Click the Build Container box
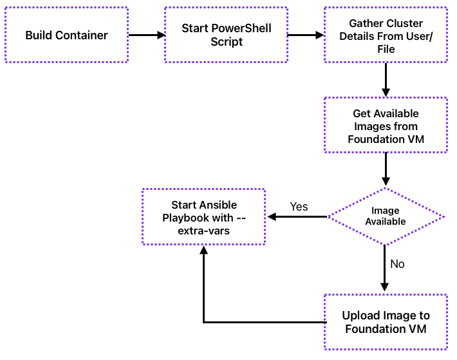coord(66,35)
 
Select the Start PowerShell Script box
coord(226,35)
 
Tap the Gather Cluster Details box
coord(386,35)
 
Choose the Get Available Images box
coord(386,126)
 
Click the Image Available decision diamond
coord(386,216)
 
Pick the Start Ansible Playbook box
coord(203,217)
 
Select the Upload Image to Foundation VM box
coord(386,322)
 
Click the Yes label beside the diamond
coord(299,207)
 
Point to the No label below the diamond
coord(397,264)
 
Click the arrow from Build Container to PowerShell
coord(147,35)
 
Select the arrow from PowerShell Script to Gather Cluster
coord(306,35)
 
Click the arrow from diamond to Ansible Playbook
coord(297,217)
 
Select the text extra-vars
coord(203,229)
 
